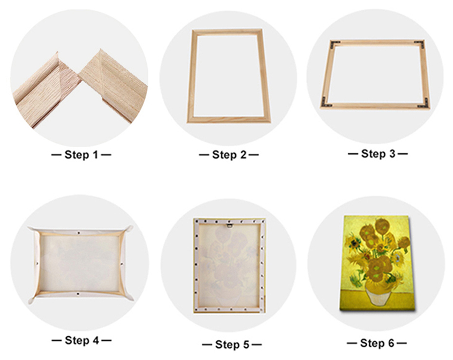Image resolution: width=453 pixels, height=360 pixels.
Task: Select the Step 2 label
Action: pos(228,155)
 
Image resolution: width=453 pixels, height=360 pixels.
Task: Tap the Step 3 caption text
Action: pos(377,154)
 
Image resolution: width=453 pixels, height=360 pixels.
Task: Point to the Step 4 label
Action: pos(81,341)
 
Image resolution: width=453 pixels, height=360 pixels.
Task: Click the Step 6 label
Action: pos(377,343)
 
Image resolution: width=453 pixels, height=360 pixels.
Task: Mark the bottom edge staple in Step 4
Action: pos(79,294)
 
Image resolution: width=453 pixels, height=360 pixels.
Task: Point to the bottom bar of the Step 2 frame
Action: pos(229,119)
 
